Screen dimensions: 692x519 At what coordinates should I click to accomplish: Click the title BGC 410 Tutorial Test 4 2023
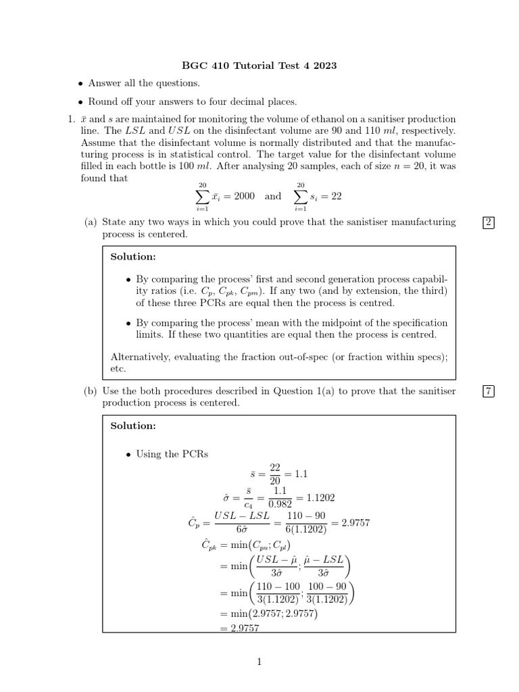259,66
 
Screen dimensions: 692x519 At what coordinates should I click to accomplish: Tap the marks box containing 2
489,222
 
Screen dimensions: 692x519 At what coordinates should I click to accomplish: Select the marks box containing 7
489,391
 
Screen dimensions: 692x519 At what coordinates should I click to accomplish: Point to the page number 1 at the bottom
259,662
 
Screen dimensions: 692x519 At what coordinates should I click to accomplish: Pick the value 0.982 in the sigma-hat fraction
280,503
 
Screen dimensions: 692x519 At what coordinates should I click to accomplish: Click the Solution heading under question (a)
133,257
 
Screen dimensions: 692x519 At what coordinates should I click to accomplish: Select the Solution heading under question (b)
133,426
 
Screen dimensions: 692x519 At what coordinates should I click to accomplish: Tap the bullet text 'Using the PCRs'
172,454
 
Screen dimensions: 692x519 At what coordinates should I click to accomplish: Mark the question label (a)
91,222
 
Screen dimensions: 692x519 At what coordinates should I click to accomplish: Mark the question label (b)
91,391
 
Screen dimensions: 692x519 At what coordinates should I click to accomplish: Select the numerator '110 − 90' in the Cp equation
307,516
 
